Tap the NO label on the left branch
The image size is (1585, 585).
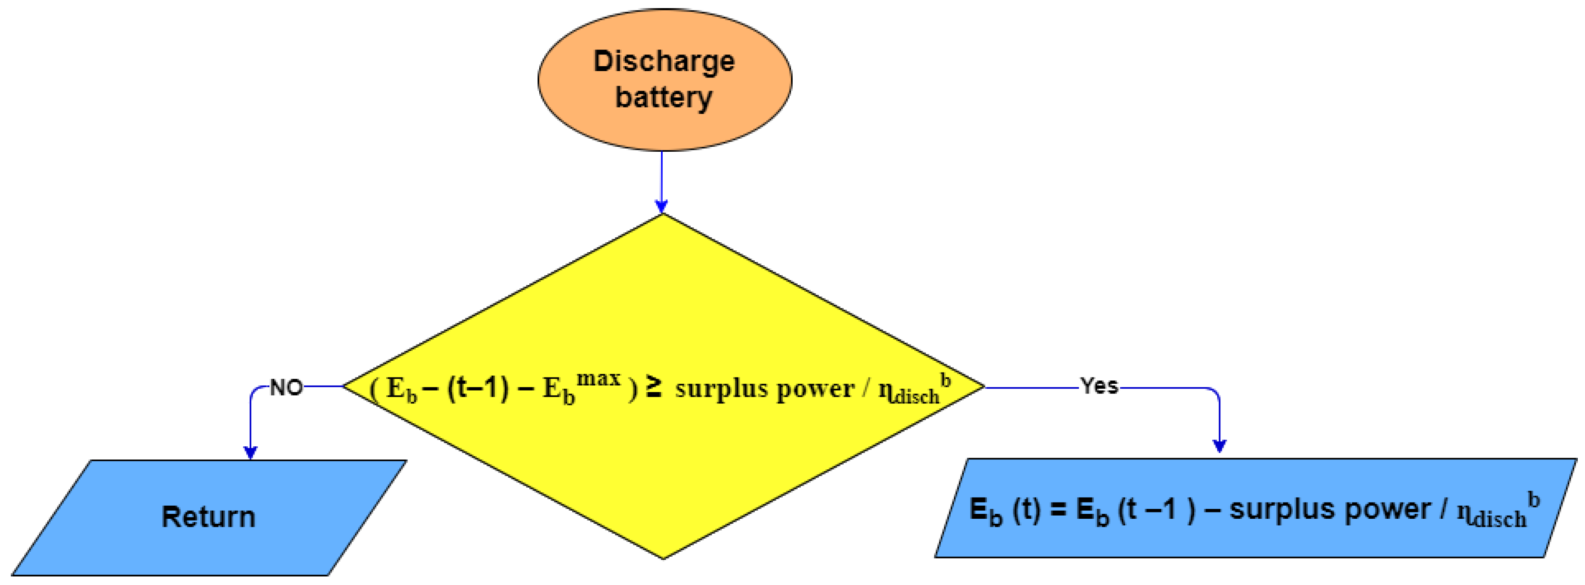[286, 387]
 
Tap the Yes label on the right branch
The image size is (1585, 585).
[1099, 386]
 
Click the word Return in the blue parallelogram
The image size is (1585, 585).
[208, 516]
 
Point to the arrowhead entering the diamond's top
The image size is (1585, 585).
[661, 206]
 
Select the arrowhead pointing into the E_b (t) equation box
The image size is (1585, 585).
[1219, 446]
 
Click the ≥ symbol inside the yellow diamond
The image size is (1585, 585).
[654, 387]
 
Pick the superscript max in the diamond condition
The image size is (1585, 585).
[598, 377]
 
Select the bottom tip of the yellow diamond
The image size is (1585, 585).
[663, 557]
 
